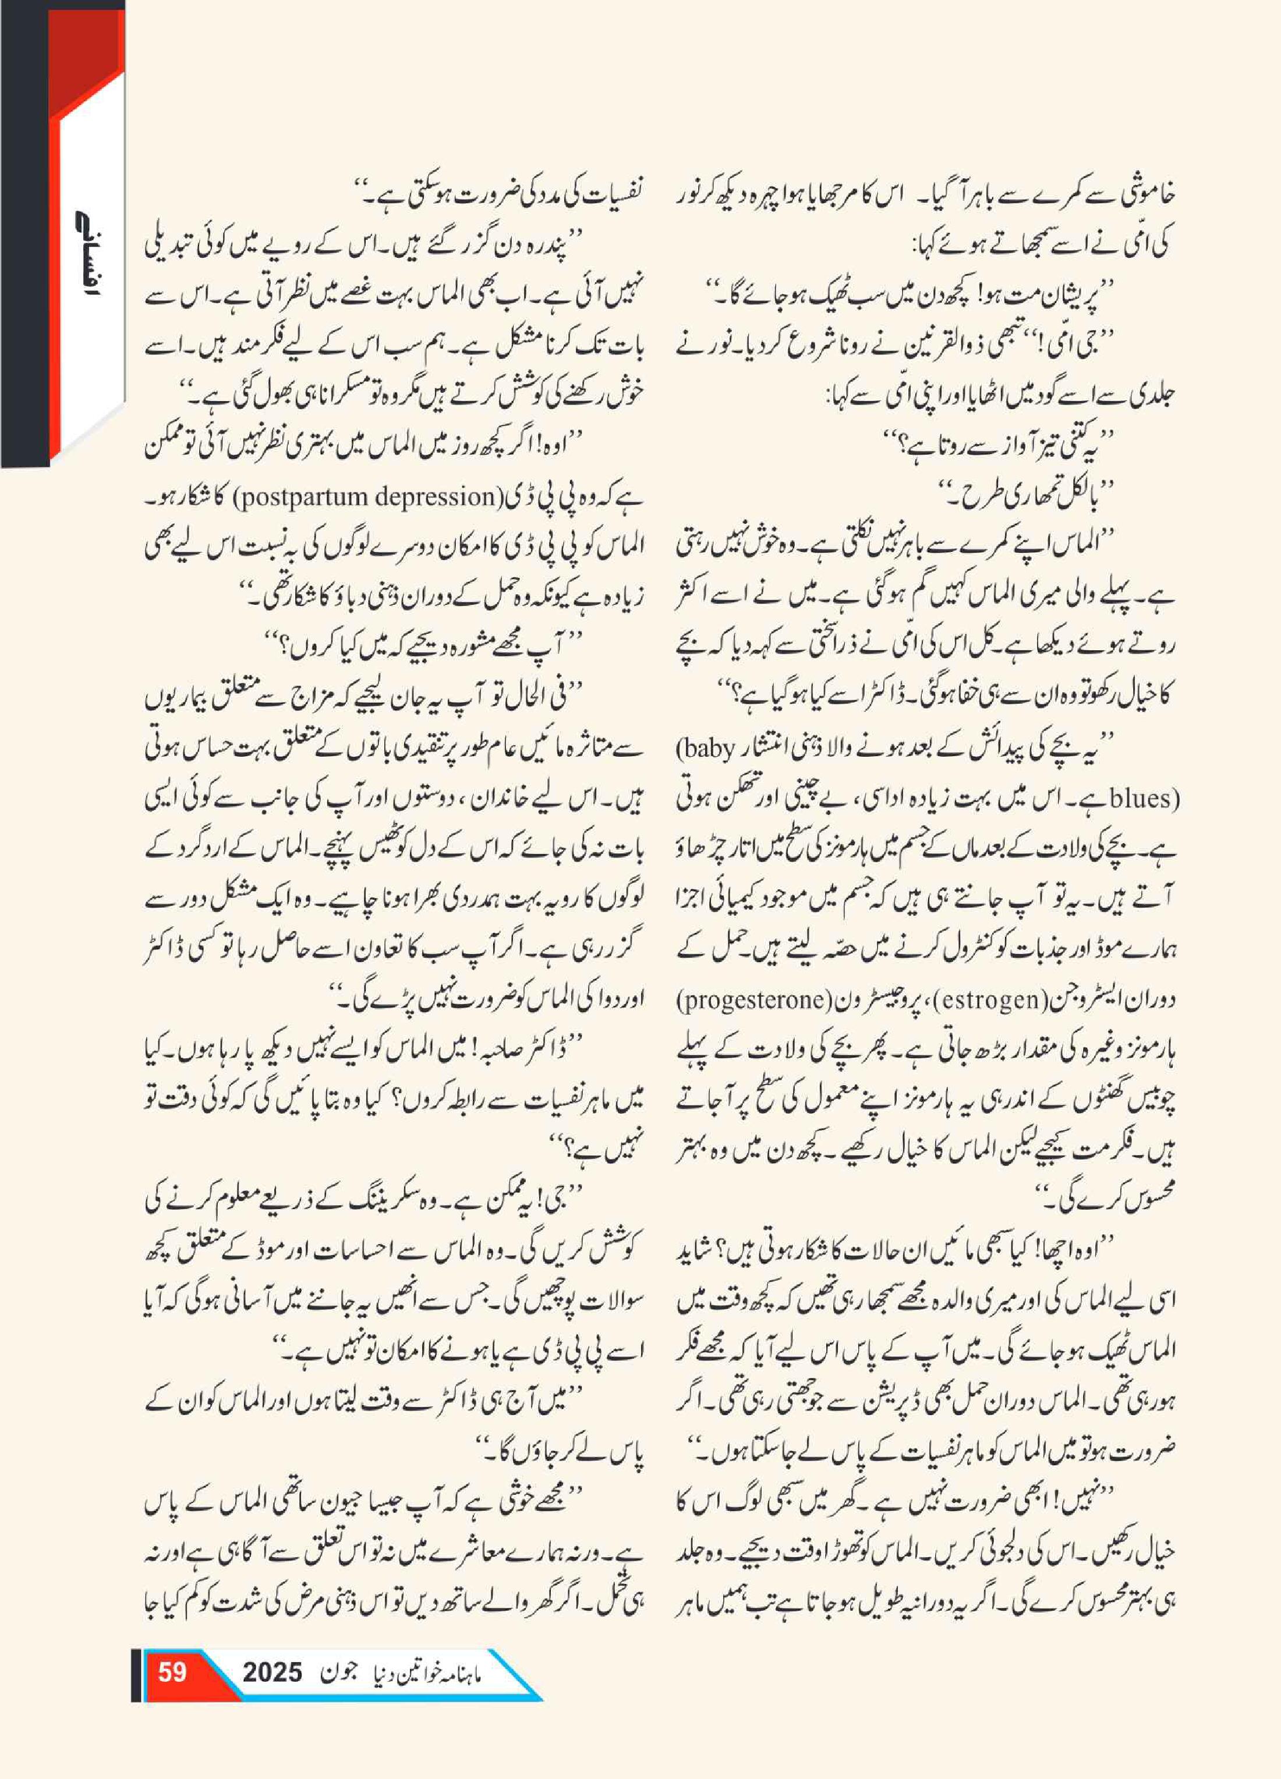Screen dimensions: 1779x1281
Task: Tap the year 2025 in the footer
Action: [x=272, y=1673]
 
